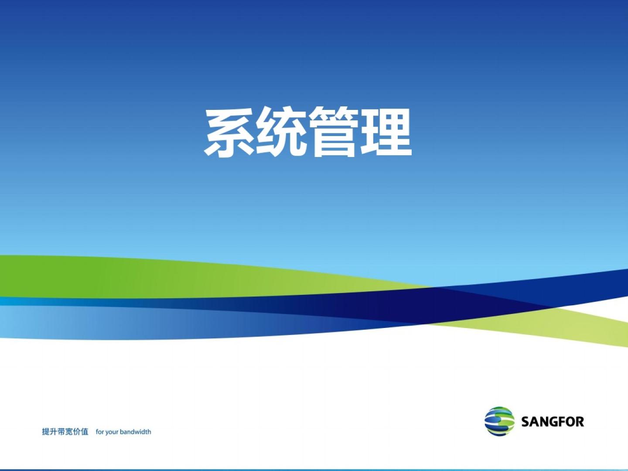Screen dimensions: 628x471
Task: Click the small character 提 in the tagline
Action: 46,432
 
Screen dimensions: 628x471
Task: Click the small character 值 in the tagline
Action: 85,432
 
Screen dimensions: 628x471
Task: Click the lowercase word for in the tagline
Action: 100,432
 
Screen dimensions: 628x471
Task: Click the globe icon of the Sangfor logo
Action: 499,422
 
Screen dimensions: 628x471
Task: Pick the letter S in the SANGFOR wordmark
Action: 525,422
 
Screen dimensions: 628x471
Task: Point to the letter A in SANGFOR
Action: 534,422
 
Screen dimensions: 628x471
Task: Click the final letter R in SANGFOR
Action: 580,422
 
